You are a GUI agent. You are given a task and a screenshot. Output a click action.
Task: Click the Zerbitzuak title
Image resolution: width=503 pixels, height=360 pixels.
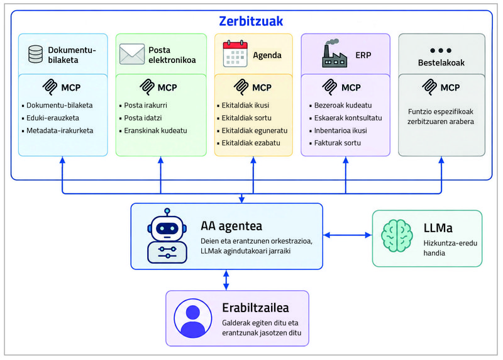[x=251, y=21]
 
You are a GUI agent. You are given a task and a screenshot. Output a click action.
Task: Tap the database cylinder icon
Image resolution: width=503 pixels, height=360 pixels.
[x=35, y=54]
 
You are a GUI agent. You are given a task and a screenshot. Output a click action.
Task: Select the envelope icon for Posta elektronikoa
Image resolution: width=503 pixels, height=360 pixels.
[x=132, y=54]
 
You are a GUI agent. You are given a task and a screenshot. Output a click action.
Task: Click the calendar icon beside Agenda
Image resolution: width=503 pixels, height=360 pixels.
[x=235, y=53]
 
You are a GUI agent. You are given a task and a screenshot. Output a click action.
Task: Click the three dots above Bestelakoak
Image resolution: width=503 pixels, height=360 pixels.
[x=441, y=50]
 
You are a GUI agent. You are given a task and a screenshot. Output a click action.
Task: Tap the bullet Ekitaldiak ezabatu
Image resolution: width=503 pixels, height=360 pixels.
[x=248, y=143]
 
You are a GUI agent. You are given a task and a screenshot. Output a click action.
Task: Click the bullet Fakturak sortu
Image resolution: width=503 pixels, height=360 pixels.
[x=335, y=143]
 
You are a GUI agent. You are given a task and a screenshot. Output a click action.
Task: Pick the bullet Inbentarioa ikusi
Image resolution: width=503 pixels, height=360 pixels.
[x=338, y=130]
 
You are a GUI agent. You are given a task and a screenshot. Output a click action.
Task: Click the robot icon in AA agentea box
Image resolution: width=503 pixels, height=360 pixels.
[x=167, y=236]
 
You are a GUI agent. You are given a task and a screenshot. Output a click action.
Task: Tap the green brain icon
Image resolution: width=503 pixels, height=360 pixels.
[x=397, y=236]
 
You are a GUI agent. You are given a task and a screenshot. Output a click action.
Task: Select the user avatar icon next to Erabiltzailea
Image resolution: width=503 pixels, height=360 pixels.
[x=193, y=318]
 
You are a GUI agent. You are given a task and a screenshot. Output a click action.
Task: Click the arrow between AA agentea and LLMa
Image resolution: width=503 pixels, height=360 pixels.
[x=348, y=235]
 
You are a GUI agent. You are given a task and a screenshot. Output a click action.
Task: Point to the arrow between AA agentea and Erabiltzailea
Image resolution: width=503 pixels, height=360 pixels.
[x=226, y=280]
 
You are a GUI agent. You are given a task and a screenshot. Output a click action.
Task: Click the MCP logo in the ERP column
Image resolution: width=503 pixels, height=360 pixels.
[x=329, y=87]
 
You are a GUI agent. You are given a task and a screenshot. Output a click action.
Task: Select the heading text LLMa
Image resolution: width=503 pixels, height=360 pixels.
[x=438, y=228]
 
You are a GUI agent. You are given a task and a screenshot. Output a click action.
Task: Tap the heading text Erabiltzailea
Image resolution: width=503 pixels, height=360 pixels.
[x=255, y=308]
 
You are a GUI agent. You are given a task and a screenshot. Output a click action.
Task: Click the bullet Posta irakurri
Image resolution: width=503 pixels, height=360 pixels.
[x=143, y=105]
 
